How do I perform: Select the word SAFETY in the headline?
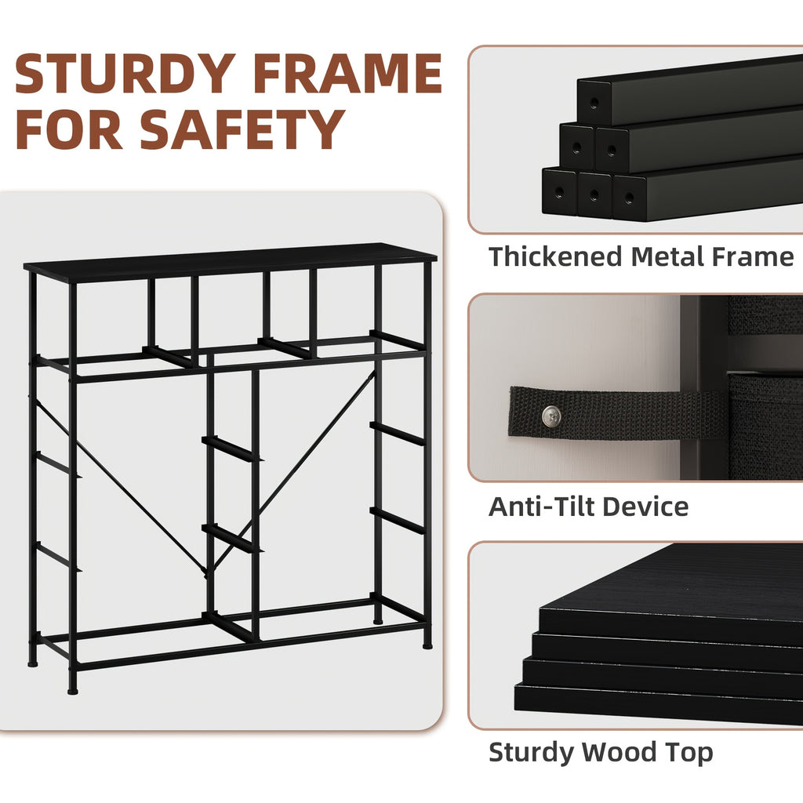pyautogui.click(x=242, y=129)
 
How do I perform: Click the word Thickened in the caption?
pyautogui.click(x=555, y=256)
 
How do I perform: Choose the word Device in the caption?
pyautogui.click(x=646, y=507)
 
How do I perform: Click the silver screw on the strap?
pyautogui.click(x=551, y=416)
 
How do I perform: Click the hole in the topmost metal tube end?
pyautogui.click(x=594, y=103)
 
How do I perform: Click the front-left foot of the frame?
pyautogui.click(x=73, y=691)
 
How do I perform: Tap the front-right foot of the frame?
pyautogui.click(x=427, y=646)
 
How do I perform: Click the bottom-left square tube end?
pyautogui.click(x=559, y=191)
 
